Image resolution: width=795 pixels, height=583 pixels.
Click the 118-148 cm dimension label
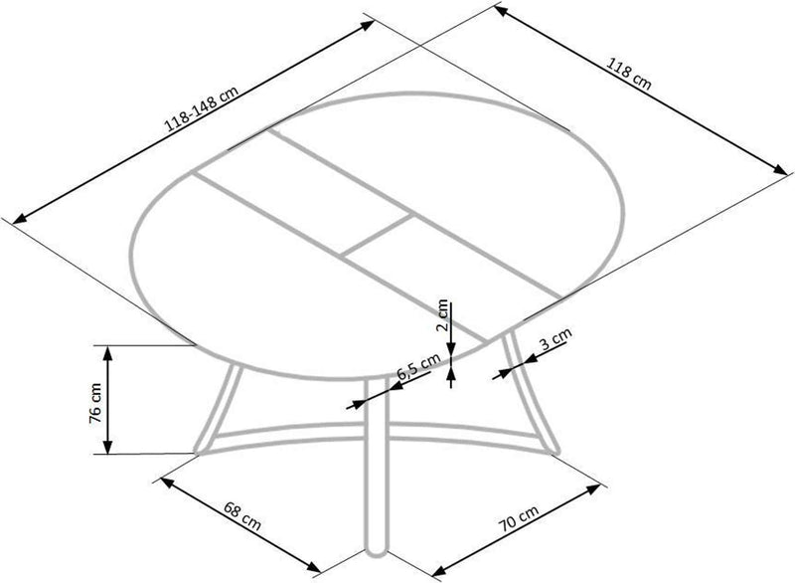(x=203, y=108)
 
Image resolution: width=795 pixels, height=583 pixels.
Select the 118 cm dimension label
(x=628, y=75)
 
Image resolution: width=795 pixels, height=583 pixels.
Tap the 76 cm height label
(x=94, y=403)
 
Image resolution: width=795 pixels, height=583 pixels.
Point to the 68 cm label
(x=242, y=515)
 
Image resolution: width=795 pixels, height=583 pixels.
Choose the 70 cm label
(x=519, y=517)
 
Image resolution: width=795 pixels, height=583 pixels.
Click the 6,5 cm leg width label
(x=417, y=366)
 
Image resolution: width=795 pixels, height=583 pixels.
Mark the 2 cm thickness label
(x=442, y=315)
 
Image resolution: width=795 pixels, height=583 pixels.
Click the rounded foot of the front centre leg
(x=376, y=550)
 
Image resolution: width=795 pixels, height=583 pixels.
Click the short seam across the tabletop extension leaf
(x=378, y=234)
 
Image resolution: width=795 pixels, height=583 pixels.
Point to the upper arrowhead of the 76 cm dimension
(x=107, y=353)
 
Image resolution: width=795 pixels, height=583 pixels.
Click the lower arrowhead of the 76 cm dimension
(x=107, y=446)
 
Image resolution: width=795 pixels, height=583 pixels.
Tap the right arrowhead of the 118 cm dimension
(x=780, y=169)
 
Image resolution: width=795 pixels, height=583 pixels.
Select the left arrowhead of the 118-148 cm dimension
(x=20, y=218)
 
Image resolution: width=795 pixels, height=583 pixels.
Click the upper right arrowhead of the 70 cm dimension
(x=592, y=488)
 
